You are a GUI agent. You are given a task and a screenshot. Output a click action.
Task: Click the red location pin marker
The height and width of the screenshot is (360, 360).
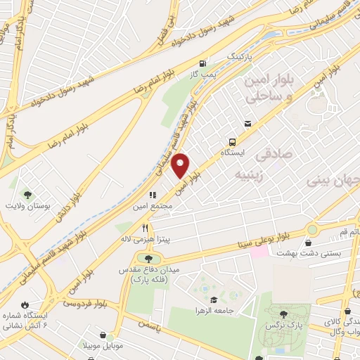[181, 165]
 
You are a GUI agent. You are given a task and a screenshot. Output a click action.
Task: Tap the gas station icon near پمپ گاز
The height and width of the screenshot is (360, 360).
[203, 61]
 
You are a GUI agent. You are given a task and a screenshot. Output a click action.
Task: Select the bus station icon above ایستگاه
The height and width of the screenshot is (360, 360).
[247, 124]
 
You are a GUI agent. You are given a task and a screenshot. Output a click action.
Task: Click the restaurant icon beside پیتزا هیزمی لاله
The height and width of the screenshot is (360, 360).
[145, 227]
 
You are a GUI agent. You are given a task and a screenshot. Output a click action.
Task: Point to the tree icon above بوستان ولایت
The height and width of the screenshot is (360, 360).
[28, 193]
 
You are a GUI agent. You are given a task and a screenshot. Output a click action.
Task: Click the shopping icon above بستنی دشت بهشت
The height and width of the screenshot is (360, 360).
[308, 243]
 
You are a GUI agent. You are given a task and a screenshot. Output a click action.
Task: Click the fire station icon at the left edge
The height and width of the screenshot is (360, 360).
[26, 304]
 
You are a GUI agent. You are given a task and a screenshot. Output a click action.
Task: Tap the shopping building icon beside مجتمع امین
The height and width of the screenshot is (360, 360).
[150, 195]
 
